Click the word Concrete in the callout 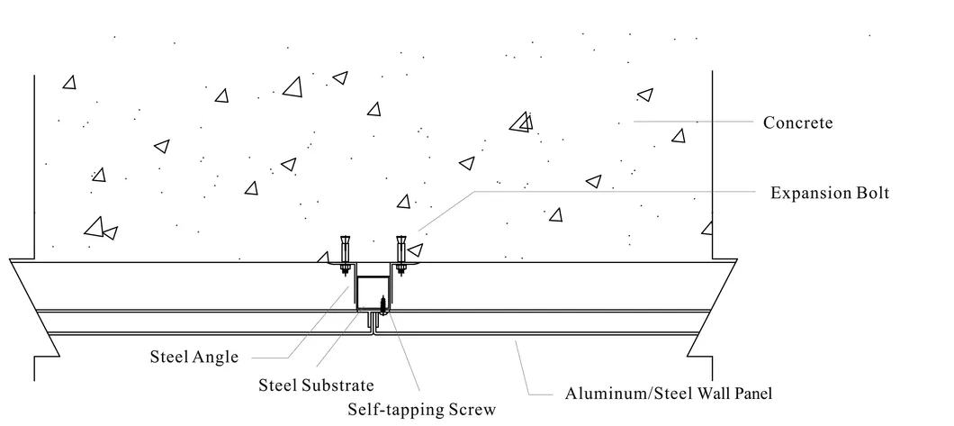pos(797,122)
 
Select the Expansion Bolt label pos(829,193)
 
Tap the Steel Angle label pos(193,357)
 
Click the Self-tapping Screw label pos(421,410)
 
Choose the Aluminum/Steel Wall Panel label pos(668,393)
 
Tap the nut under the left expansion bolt pos(344,267)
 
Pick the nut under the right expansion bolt pos(400,267)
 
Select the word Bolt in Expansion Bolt pos(870,193)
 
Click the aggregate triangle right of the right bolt pos(416,249)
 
